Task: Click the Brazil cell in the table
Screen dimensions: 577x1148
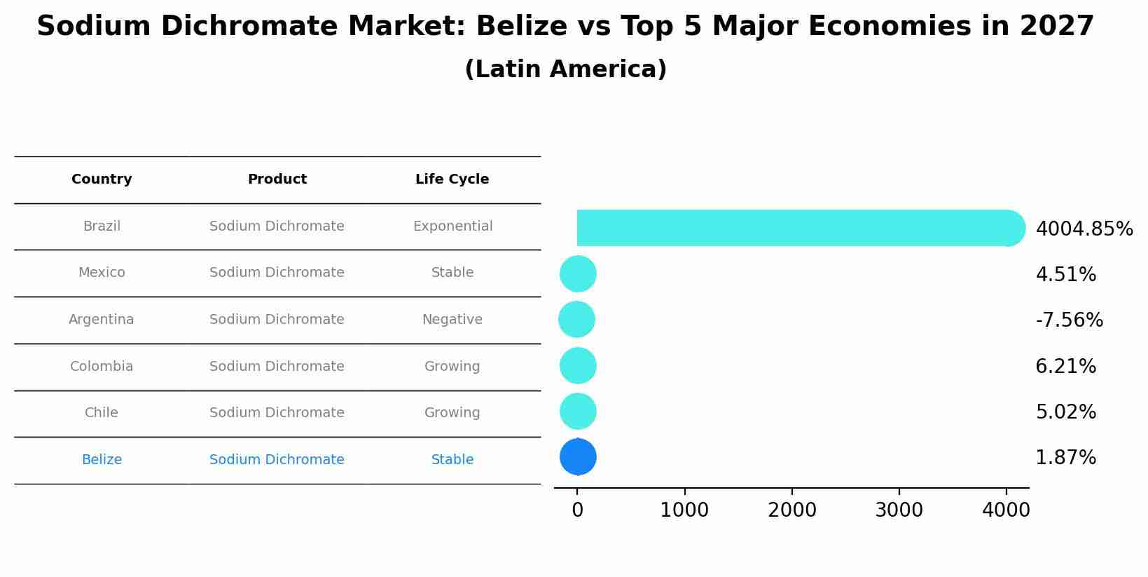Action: (x=102, y=226)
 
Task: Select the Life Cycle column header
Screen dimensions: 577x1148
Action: (x=452, y=179)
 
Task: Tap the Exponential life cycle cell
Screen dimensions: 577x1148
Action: (x=452, y=226)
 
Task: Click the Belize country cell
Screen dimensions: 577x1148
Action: (x=102, y=460)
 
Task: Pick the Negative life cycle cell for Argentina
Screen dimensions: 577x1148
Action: (x=452, y=320)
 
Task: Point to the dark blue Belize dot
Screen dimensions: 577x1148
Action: (x=578, y=457)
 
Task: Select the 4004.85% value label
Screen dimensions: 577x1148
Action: (x=1084, y=229)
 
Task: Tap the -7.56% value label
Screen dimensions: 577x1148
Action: (x=1069, y=320)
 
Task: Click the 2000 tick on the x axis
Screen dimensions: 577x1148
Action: (x=791, y=510)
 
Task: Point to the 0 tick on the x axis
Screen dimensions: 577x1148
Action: (x=577, y=510)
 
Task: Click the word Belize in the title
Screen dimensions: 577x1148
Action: (x=521, y=27)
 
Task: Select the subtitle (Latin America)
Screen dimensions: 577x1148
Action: (x=565, y=69)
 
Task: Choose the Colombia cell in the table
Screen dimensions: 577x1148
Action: (x=102, y=367)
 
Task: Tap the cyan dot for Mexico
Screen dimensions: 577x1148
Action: (x=578, y=273)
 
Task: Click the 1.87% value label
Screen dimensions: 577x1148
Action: (x=1065, y=458)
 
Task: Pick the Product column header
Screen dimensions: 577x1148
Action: (x=277, y=179)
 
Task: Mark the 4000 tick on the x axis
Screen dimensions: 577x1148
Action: (x=1006, y=510)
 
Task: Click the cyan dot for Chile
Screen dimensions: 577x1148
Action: (x=578, y=412)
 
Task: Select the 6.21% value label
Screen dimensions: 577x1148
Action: (x=1065, y=367)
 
